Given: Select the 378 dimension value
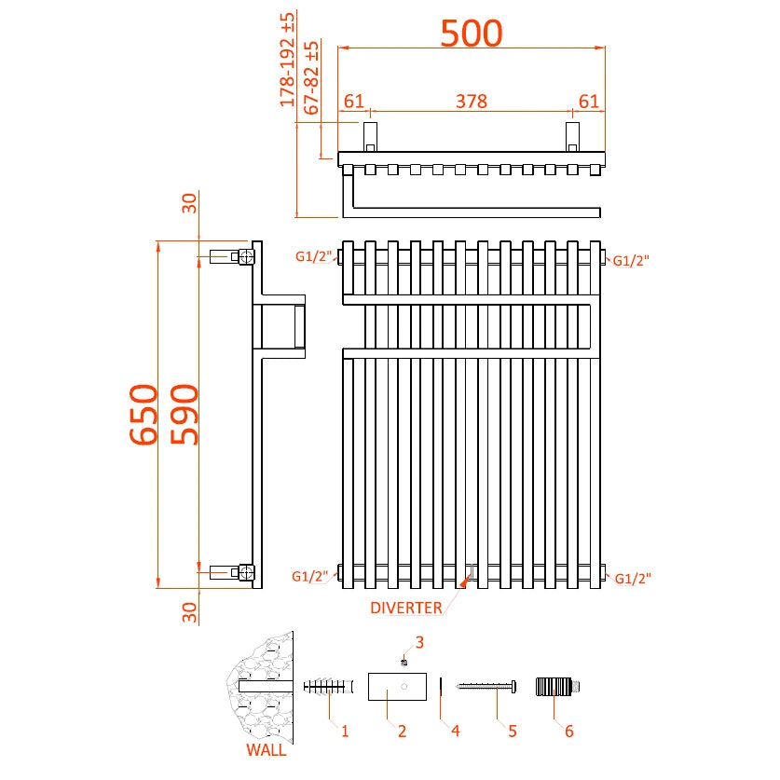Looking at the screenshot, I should coord(471,102).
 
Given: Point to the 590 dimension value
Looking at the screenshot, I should coord(183,415).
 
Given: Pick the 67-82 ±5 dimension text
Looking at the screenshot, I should coord(312,78).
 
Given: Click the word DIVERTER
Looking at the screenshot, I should coord(406,609).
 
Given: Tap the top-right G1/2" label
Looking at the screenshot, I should coord(631,261).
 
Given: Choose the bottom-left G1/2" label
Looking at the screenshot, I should coord(310,577).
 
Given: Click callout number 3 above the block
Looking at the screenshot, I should coord(419,642).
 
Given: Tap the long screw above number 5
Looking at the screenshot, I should coord(487,688).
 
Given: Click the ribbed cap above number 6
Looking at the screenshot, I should coord(558,688).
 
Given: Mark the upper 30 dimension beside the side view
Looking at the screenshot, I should coord(189,203).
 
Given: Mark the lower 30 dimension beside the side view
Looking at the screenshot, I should coord(189,612).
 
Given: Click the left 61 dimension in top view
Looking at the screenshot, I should coord(353,102).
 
